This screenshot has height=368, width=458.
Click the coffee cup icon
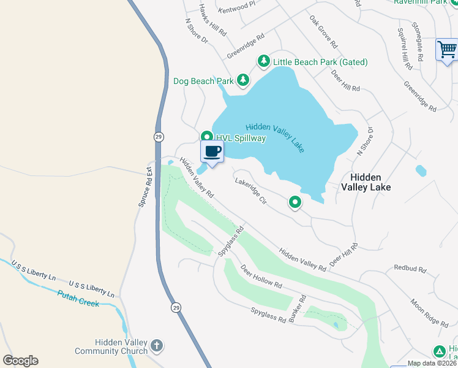pyautogui.click(x=212, y=151)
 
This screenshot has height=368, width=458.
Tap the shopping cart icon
pyautogui.click(x=447, y=49)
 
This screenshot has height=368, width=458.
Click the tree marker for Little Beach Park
pyautogui.click(x=263, y=61)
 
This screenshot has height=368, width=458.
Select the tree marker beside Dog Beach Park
pyautogui.click(x=243, y=80)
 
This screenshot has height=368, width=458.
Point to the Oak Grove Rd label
pyautogui.click(x=324, y=33)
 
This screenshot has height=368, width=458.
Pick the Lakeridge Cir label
pyautogui.click(x=251, y=191)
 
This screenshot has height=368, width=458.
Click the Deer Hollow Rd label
pyautogui.click(x=261, y=277)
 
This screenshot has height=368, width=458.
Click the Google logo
pyautogui.click(x=20, y=361)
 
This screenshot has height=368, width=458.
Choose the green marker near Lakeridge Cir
pyautogui.click(x=295, y=202)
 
